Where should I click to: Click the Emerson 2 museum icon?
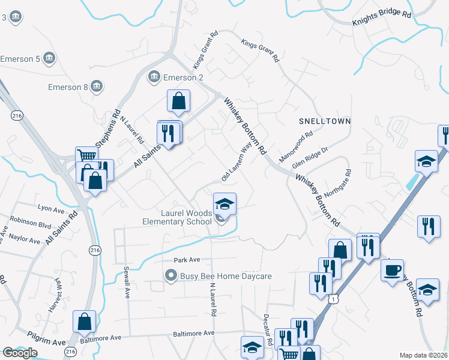(x=154, y=77)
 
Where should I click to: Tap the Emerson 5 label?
(x=20, y=59)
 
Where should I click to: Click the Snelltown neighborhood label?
(x=325, y=121)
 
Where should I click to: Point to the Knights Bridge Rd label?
(x=381, y=20)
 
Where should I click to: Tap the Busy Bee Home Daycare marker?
(x=171, y=276)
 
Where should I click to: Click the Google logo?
(x=20, y=352)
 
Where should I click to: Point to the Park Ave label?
(x=186, y=260)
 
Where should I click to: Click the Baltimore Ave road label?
(x=193, y=333)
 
